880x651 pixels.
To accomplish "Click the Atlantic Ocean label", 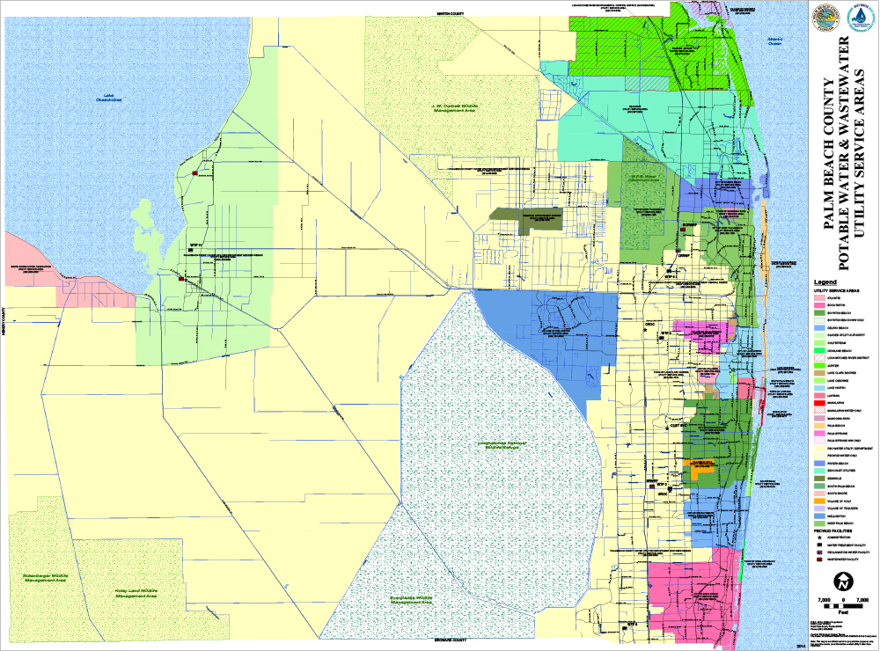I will [x=774, y=41].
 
